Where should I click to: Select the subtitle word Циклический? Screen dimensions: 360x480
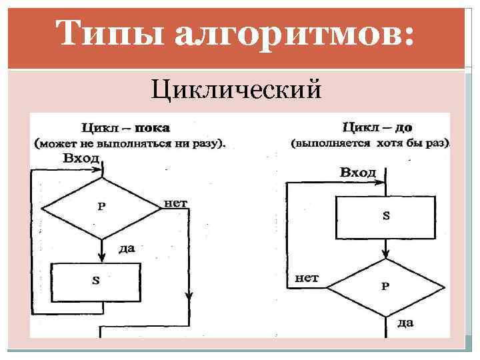pos(237,89)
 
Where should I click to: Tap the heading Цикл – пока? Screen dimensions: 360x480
pos(125,127)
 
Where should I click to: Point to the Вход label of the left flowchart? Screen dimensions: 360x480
pos(81,159)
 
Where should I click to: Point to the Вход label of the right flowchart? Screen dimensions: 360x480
pos(358,172)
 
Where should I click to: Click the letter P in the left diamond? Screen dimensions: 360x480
pos(101,206)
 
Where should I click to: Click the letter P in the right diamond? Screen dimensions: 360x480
pos(385,287)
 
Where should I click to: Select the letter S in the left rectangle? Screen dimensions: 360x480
pos(96,281)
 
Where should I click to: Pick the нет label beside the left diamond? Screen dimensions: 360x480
pos(175,202)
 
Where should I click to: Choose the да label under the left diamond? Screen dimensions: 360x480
pos(126,249)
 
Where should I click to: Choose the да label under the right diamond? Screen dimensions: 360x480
pos(405,323)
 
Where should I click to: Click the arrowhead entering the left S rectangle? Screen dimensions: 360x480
pos(103,258)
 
